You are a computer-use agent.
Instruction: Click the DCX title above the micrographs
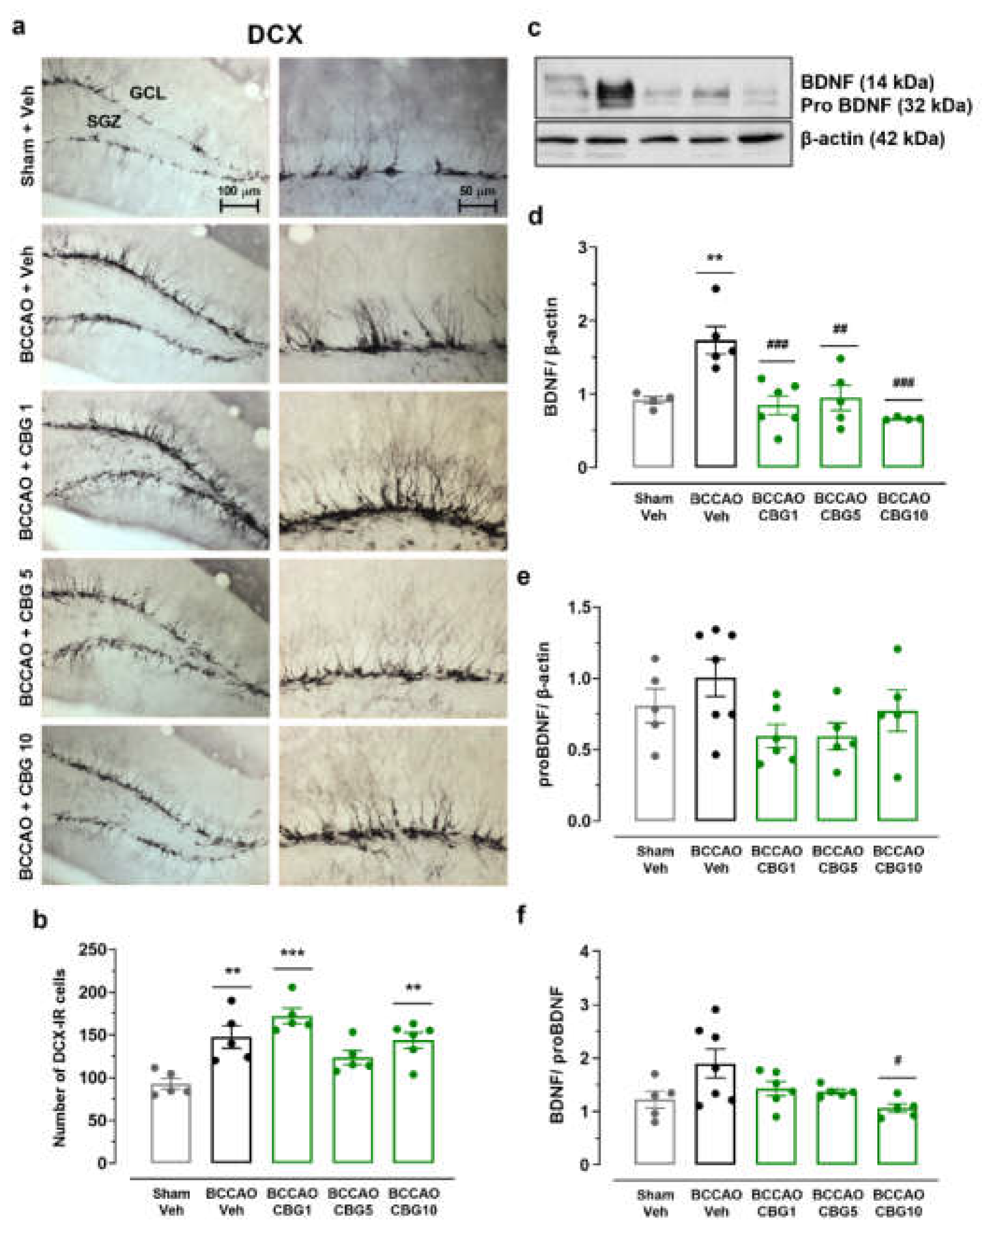(274, 36)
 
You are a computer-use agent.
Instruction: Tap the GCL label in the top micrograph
(147, 93)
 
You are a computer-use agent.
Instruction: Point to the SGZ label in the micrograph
(104, 121)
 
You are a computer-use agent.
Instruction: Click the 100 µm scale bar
(239, 205)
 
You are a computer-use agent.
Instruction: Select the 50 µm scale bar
(477, 205)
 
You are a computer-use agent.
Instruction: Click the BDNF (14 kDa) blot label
(867, 83)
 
